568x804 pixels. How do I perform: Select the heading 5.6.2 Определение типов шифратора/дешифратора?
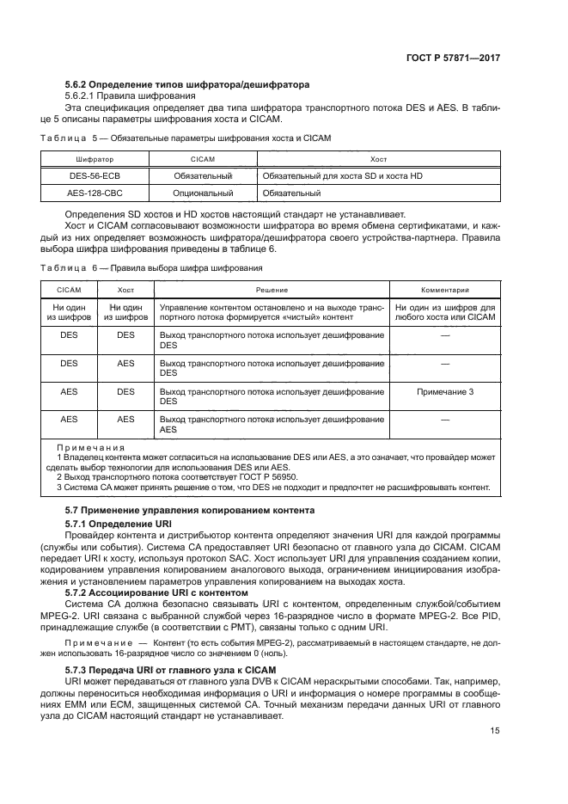[187, 84]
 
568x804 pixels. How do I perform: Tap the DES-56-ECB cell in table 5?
[95, 175]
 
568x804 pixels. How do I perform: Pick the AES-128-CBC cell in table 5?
[95, 193]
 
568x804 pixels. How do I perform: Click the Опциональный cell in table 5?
[203, 193]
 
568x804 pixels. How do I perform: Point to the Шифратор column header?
[95, 159]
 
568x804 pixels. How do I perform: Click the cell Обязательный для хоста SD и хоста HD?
[342, 175]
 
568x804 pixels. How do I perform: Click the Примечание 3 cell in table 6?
[444, 391]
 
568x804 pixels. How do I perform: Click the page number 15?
[494, 730]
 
